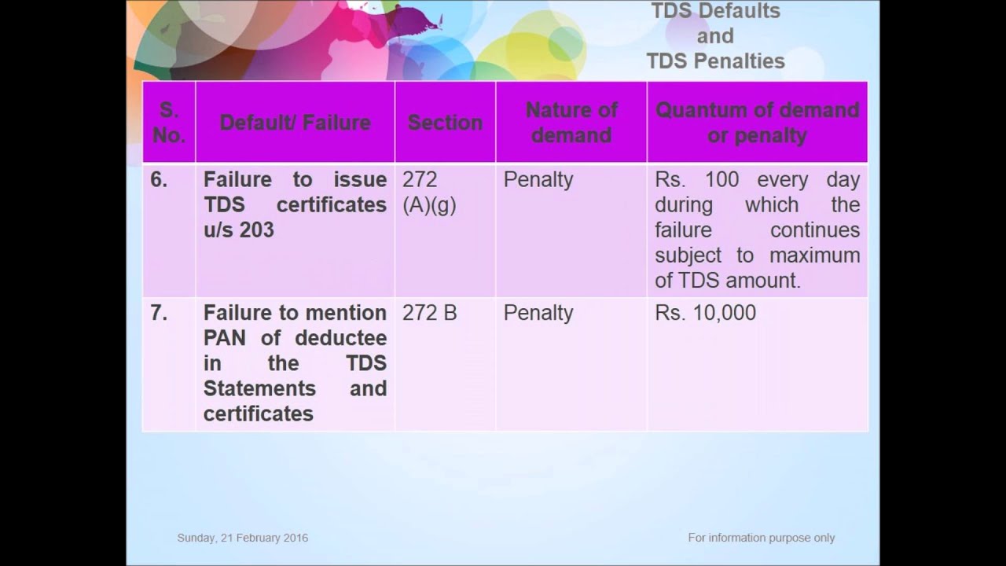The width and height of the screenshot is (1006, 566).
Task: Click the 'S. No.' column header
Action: (169, 122)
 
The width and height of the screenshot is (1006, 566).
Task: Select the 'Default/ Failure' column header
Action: (295, 123)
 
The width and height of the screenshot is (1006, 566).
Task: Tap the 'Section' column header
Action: (445, 123)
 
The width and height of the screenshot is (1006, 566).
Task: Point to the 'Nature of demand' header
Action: (571, 122)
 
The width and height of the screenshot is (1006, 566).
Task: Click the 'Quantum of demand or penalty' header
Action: (757, 122)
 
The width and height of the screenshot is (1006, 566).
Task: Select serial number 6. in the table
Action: (159, 180)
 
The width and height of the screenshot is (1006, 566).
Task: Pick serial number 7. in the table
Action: (159, 313)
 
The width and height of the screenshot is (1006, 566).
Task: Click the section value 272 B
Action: (429, 313)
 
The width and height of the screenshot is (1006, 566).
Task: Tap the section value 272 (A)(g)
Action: (429, 192)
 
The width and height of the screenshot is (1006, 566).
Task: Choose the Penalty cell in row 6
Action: (538, 180)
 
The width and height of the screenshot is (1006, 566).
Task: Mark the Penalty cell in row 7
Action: (538, 313)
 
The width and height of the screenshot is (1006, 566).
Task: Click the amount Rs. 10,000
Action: (705, 313)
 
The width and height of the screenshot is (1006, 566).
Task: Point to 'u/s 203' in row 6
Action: (239, 230)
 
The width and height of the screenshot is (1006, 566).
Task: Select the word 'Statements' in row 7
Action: (259, 388)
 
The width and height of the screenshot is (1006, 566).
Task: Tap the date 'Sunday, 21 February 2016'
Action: (242, 538)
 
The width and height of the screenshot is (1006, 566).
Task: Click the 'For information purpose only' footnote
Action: (761, 538)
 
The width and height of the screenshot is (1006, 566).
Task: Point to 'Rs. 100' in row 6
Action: (696, 180)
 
